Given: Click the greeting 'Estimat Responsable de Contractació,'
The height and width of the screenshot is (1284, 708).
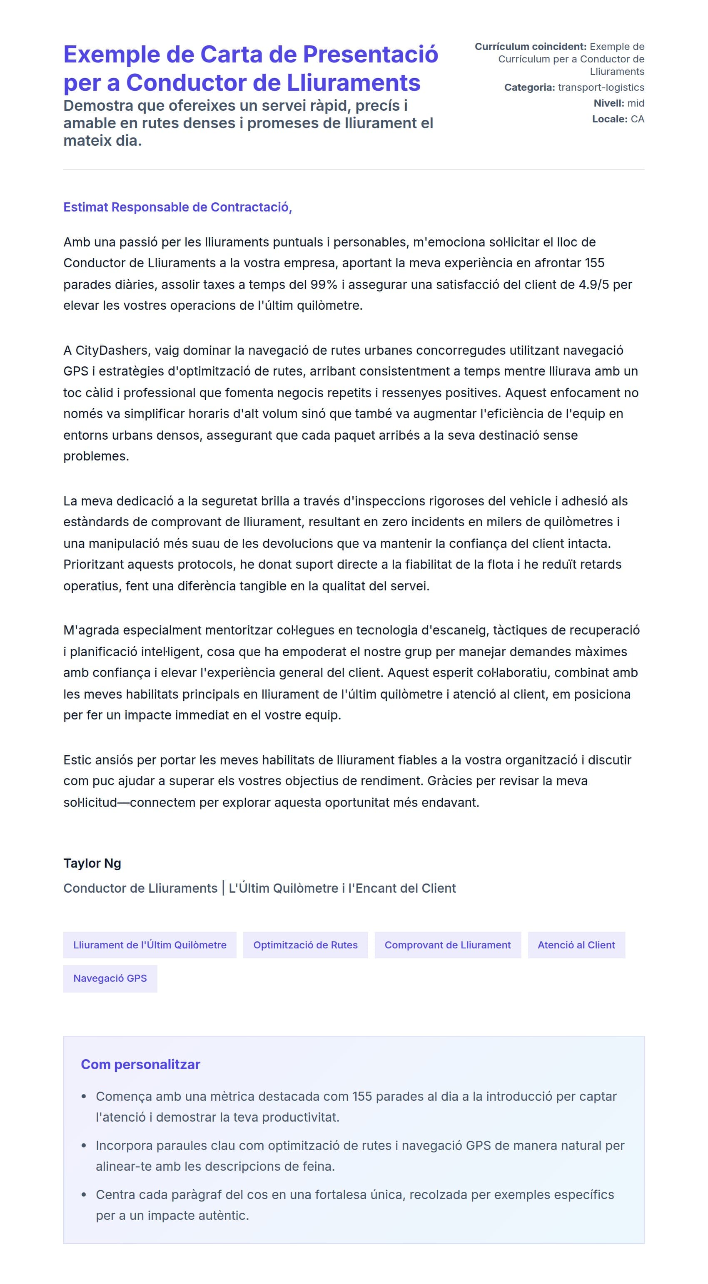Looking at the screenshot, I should pyautogui.click(x=177, y=207).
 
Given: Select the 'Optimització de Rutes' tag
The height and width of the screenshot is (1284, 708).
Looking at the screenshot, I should pyautogui.click(x=305, y=945).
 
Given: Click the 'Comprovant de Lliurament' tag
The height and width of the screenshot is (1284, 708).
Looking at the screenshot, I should pyautogui.click(x=447, y=945).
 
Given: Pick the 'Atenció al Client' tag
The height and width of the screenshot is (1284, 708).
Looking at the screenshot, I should pyautogui.click(x=576, y=945).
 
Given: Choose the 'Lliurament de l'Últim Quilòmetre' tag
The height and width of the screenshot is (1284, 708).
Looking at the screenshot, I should pyautogui.click(x=150, y=945).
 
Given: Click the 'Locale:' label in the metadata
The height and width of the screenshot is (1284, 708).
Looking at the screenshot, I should pyautogui.click(x=609, y=119).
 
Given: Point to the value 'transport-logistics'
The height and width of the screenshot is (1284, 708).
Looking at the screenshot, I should pyautogui.click(x=601, y=87).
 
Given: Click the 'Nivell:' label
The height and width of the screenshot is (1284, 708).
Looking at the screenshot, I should pyautogui.click(x=608, y=103).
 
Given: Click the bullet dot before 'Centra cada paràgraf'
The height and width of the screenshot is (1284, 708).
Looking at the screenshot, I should pyautogui.click(x=84, y=1195).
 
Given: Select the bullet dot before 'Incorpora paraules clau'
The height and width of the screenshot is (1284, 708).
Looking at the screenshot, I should pyautogui.click(x=84, y=1145).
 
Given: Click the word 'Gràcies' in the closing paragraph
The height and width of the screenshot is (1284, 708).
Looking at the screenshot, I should pyautogui.click(x=449, y=781).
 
